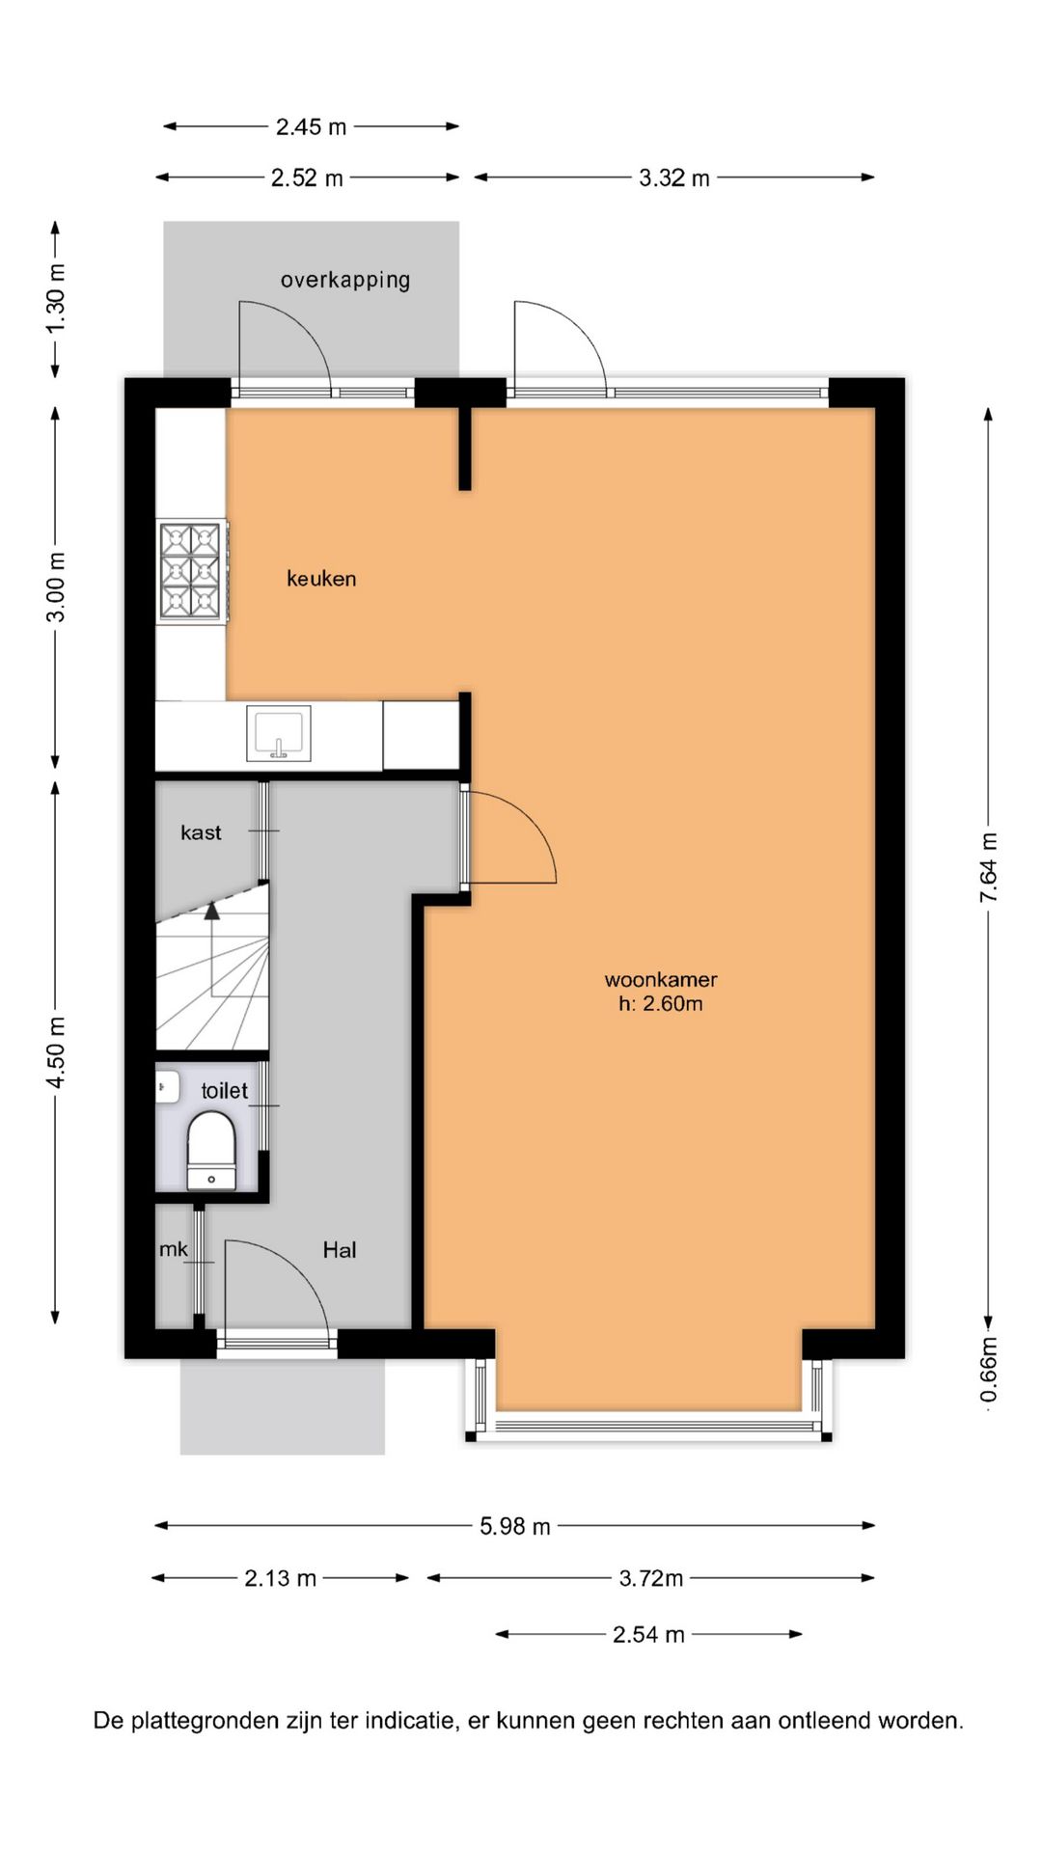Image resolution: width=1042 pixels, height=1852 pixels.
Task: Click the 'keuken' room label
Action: click(321, 579)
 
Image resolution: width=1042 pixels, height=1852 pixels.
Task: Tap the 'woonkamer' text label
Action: click(661, 979)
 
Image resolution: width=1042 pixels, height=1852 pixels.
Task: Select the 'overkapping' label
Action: click(345, 280)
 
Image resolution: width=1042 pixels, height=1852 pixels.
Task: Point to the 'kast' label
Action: click(201, 832)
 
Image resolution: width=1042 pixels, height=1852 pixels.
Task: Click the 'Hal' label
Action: click(340, 1250)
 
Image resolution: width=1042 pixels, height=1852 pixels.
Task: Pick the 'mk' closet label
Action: click(174, 1249)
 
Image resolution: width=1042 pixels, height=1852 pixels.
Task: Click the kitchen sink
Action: click(279, 734)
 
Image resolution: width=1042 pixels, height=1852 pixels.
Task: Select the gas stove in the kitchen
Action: click(193, 570)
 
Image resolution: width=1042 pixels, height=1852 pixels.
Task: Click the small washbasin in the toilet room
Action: click(167, 1086)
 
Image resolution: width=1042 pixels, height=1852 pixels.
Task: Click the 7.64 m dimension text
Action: click(989, 868)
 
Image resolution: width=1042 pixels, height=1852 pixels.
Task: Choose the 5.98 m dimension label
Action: click(515, 1526)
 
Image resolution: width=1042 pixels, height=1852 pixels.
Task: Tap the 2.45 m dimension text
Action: click(311, 126)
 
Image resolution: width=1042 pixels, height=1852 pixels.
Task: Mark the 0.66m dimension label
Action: click(989, 1371)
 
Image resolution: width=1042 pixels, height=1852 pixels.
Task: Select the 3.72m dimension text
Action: click(651, 1578)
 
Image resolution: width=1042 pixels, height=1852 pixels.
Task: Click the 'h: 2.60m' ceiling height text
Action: click(661, 1003)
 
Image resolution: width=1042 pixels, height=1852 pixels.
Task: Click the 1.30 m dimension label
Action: click(56, 298)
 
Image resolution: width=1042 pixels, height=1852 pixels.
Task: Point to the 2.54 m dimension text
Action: click(648, 1634)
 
